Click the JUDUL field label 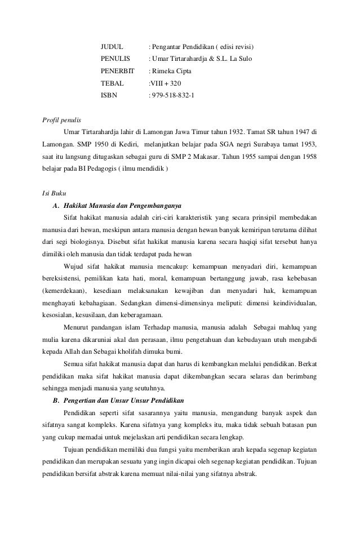(x=112, y=46)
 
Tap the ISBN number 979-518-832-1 (x=171, y=95)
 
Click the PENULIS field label (x=115, y=58)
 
